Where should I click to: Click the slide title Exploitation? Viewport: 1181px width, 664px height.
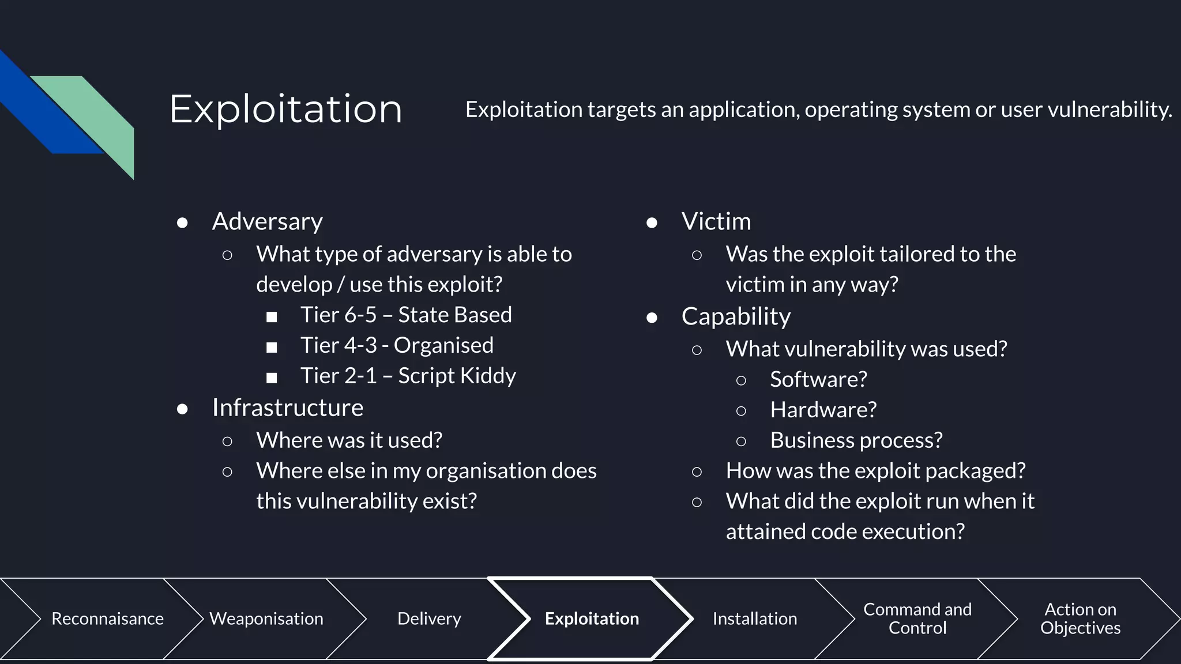point(285,109)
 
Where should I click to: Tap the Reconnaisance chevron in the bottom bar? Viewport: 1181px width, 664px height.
point(107,618)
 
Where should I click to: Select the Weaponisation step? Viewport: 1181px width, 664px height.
point(266,618)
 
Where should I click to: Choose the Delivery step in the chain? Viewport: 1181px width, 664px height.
point(429,618)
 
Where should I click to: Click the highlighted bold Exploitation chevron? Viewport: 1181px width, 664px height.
point(592,618)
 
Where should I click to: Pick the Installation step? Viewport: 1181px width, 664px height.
point(754,618)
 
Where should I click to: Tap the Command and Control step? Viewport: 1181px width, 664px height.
point(917,618)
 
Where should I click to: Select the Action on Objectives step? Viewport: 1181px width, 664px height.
point(1080,618)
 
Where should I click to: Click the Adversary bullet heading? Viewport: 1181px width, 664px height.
point(267,221)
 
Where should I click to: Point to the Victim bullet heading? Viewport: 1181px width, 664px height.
point(716,221)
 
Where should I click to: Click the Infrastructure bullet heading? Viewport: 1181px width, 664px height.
point(287,408)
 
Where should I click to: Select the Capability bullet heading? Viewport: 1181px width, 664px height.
point(736,316)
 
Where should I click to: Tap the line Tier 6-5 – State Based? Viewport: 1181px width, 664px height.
point(406,315)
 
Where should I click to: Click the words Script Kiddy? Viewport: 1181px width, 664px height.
point(457,376)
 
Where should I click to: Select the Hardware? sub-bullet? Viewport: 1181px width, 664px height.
point(823,410)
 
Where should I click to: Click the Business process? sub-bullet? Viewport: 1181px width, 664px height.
point(856,440)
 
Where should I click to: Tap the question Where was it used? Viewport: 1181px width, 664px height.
point(349,440)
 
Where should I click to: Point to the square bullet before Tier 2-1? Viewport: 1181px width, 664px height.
point(272,378)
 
